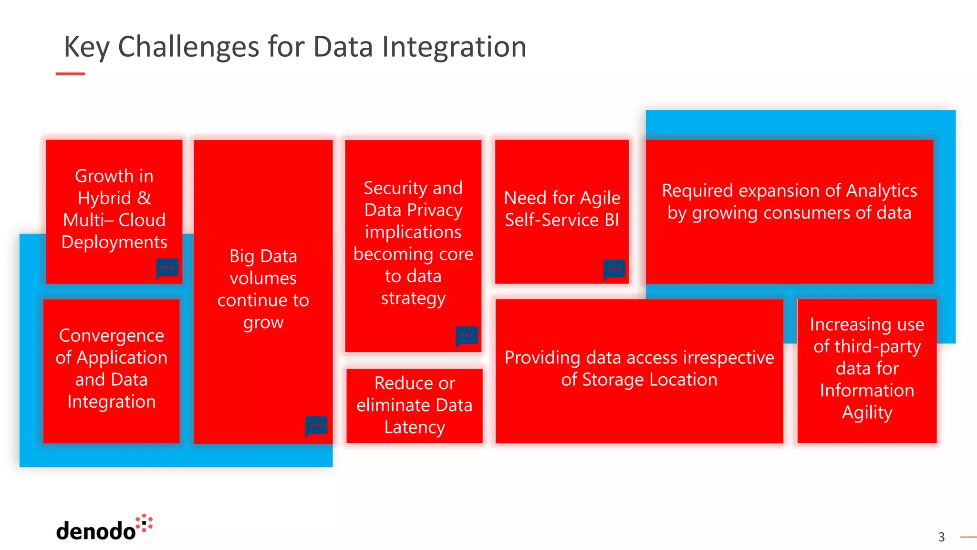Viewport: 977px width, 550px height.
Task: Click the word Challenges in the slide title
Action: click(189, 47)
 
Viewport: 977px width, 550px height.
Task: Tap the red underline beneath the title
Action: click(70, 74)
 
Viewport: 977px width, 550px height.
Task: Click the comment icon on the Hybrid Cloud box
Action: click(167, 268)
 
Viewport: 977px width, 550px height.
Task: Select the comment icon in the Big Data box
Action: click(316, 426)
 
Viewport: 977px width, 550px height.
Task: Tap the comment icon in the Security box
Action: click(467, 336)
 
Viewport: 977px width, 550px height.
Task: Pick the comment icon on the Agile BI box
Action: click(614, 269)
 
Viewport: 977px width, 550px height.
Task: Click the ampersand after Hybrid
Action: click(144, 198)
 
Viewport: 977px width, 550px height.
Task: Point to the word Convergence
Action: click(112, 335)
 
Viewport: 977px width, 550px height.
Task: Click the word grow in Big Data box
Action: click(263, 322)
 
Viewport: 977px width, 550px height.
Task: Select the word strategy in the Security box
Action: click(413, 298)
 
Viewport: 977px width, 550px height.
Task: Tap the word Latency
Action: click(415, 427)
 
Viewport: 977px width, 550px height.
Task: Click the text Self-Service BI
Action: click(562, 220)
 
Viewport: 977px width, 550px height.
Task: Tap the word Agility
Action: click(867, 412)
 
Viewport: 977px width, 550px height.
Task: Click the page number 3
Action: click(941, 537)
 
